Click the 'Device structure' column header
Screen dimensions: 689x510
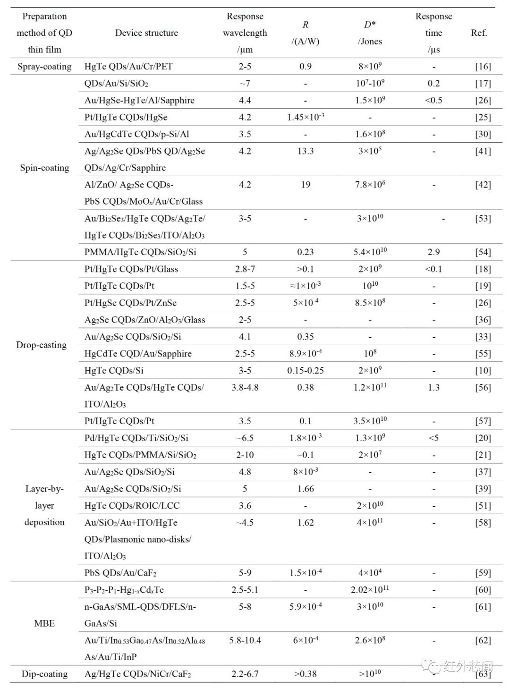pyautogui.click(x=146, y=33)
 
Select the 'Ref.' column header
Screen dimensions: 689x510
pyautogui.click(x=479, y=33)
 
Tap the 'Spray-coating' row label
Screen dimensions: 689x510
pyautogui.click(x=44, y=67)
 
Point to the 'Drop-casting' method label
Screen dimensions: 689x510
pyautogui.click(x=42, y=345)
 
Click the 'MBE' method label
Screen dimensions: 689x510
pyautogui.click(x=44, y=623)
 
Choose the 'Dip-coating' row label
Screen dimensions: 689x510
pyautogui.click(x=44, y=674)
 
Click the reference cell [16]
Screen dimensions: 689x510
pyautogui.click(x=483, y=67)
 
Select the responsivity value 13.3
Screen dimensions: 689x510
pyautogui.click(x=306, y=151)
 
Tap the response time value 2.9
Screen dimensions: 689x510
pyautogui.click(x=433, y=252)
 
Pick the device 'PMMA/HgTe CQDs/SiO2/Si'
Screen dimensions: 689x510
pyautogui.click(x=140, y=252)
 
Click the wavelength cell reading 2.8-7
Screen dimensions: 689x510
pyautogui.click(x=245, y=269)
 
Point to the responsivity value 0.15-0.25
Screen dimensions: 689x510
pyautogui.click(x=306, y=371)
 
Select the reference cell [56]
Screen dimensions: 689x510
pyautogui.click(x=483, y=388)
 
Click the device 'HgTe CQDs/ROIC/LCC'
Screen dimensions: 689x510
pyautogui.click(x=132, y=506)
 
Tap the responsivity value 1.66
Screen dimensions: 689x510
pyautogui.click(x=306, y=489)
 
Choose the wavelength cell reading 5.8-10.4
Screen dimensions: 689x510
pyautogui.click(x=245, y=640)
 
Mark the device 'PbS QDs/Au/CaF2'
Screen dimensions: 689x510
pyautogui.click(x=120, y=573)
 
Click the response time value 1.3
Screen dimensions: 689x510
pyautogui.click(x=433, y=388)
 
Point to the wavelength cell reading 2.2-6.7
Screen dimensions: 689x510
pyautogui.click(x=245, y=674)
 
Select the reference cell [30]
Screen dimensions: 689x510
pyautogui.click(x=483, y=134)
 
